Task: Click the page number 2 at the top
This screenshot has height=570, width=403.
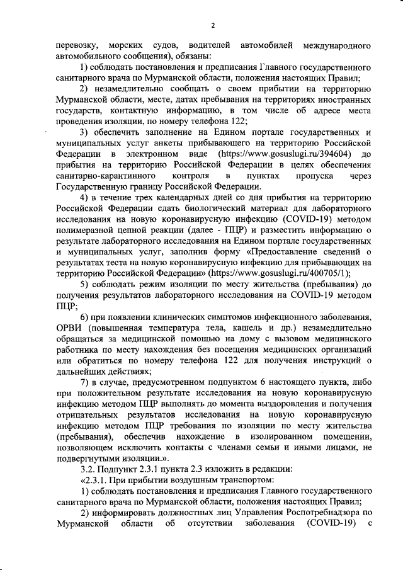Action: [212, 25]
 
